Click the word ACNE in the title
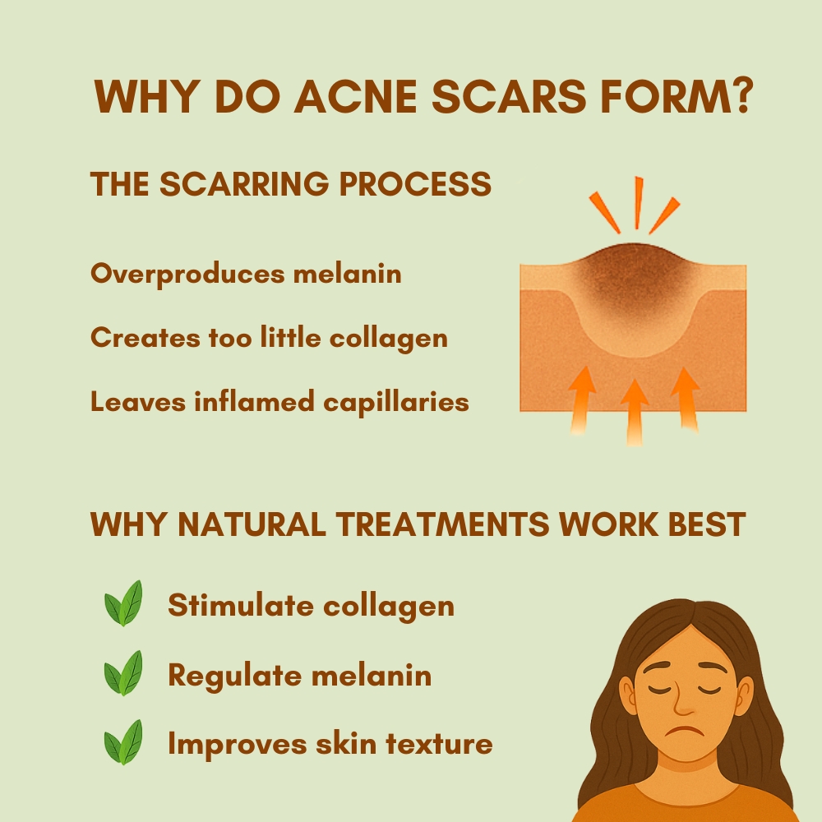point(355,96)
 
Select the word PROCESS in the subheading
point(415,183)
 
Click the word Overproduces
point(187,275)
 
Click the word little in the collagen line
point(290,337)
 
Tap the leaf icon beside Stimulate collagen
point(124,603)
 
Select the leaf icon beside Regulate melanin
point(124,674)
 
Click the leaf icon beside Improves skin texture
point(124,742)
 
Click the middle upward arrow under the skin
point(635,413)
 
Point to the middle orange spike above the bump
point(638,203)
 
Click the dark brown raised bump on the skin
point(634,278)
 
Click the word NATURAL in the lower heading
point(252,524)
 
